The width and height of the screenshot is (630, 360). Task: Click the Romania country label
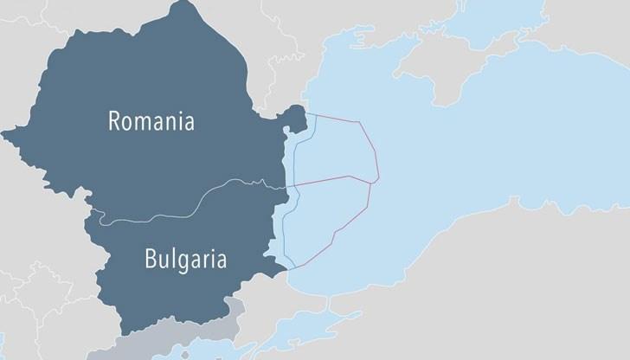tap(151, 120)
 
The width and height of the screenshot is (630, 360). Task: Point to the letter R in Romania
tap(114, 121)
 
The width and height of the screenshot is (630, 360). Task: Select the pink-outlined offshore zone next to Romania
tap(337, 151)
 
